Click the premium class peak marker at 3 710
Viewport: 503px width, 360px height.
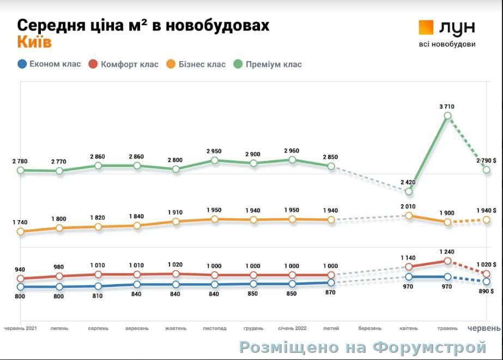(447, 116)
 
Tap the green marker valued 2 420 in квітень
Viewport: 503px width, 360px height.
(409, 191)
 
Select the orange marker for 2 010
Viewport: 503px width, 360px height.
(409, 215)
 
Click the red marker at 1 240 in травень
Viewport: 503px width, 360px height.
(447, 261)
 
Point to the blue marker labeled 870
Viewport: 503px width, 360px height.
(331, 283)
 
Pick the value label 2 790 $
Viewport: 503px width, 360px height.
(486, 160)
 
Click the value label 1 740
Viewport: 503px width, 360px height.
(20, 222)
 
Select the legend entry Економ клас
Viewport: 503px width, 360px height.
(49, 64)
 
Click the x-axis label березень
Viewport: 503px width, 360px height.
(370, 328)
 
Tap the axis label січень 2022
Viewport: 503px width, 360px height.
(292, 328)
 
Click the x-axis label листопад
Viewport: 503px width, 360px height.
(214, 328)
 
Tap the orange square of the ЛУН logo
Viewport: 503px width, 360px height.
(426, 27)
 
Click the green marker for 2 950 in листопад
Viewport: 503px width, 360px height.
(215, 160)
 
